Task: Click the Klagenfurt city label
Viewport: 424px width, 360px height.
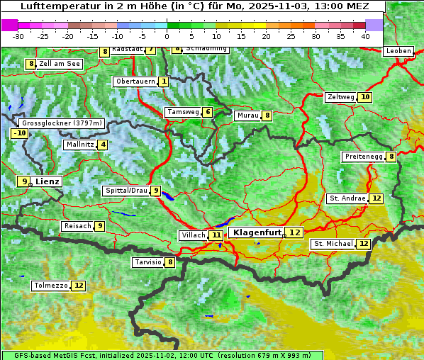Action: (257, 232)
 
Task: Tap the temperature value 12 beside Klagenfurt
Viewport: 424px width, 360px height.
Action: (294, 232)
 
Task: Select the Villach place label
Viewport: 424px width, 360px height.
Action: (192, 235)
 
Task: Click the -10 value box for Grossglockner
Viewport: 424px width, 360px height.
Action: (19, 133)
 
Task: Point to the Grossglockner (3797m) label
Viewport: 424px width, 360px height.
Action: (62, 123)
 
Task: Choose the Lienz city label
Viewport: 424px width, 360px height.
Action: (48, 181)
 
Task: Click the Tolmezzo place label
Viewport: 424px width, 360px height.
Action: (50, 286)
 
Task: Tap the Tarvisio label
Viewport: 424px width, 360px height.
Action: (147, 262)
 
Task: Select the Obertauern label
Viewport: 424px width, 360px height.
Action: (135, 81)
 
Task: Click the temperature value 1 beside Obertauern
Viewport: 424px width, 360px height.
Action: (164, 81)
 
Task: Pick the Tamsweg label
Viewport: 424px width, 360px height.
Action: (182, 112)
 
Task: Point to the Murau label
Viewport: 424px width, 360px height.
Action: (247, 116)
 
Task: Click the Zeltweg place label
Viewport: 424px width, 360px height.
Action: (340, 97)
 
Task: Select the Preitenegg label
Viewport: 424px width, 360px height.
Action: (363, 157)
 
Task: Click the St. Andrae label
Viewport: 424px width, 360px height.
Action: (347, 198)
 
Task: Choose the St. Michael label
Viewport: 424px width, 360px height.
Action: (333, 244)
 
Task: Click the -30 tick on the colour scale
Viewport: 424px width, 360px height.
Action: (18, 35)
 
